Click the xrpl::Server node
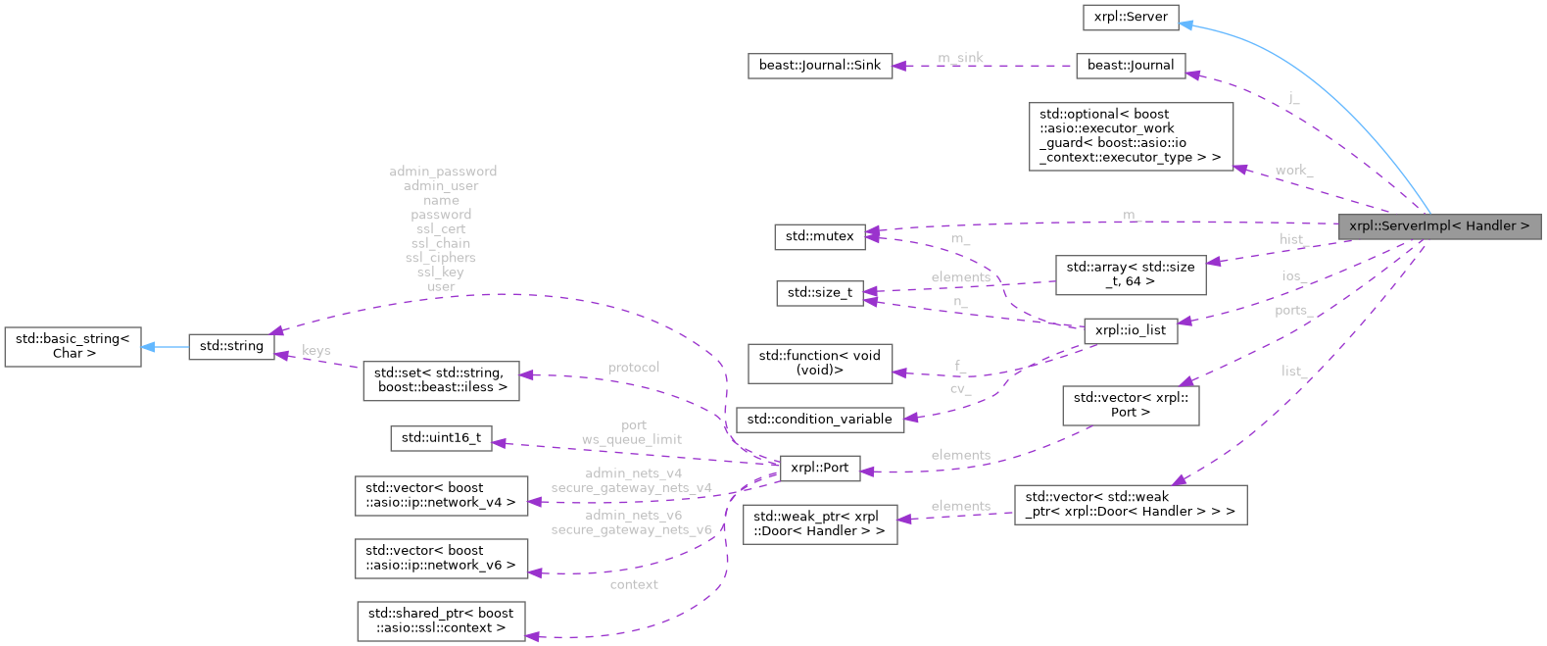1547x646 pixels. tap(1131, 17)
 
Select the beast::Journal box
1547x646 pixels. tap(1130, 65)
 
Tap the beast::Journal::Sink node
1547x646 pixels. tap(819, 65)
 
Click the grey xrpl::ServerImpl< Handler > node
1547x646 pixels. tap(1438, 226)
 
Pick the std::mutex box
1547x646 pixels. tap(819, 236)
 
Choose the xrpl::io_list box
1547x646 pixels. tap(1130, 330)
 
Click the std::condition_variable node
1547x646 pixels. tap(819, 419)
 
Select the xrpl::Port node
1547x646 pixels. tap(819, 468)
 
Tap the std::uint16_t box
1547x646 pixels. tap(441, 438)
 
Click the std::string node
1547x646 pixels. tap(231, 346)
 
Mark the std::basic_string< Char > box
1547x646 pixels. tap(73, 346)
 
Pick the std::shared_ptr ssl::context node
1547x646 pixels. tap(441, 621)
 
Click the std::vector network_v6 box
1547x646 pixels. tap(441, 558)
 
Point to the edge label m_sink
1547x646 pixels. tap(960, 58)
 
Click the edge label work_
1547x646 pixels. tap(1293, 171)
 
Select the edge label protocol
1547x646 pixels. tap(633, 368)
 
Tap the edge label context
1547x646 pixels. tap(633, 584)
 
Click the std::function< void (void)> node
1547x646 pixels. tap(819, 363)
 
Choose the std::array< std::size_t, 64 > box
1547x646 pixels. tap(1130, 274)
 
